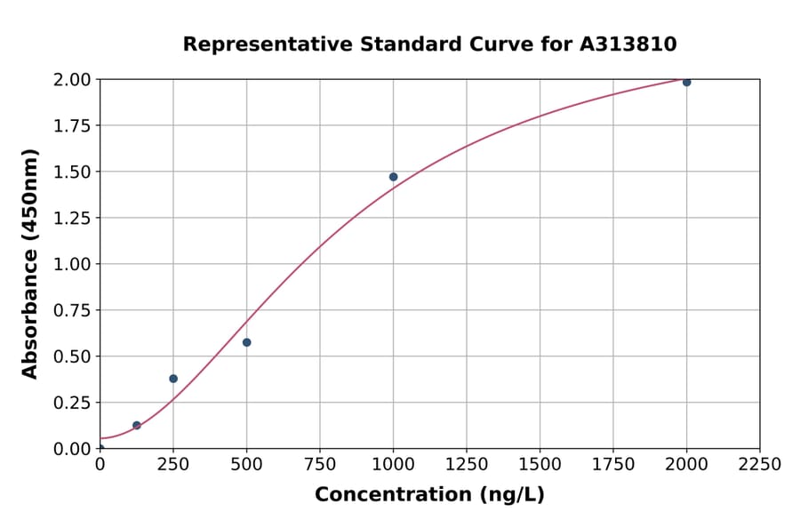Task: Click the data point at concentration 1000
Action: (x=393, y=177)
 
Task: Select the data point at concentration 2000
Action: (x=686, y=82)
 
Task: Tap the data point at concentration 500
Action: (x=246, y=342)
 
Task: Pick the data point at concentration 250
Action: (x=173, y=379)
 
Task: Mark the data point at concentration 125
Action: (x=137, y=425)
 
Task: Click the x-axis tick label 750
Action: (x=320, y=465)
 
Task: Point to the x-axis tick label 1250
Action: (x=467, y=465)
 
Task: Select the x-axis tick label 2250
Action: (x=759, y=465)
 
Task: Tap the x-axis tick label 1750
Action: (x=612, y=465)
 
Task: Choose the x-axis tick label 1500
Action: (x=540, y=465)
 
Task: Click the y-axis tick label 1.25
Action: (x=71, y=218)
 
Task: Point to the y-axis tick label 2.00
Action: (x=71, y=80)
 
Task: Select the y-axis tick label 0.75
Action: (x=71, y=310)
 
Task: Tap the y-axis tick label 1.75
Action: (x=71, y=126)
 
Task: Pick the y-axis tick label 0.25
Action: (x=71, y=403)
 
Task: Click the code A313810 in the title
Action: (x=628, y=44)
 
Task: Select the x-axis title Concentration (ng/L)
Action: (x=429, y=495)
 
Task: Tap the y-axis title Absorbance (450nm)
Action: (x=30, y=263)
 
